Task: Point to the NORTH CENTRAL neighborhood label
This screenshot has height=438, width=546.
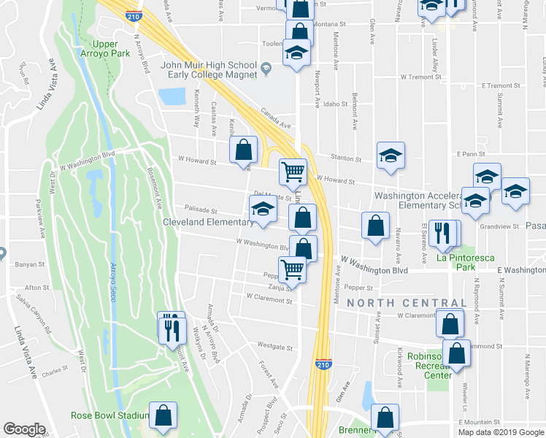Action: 407,302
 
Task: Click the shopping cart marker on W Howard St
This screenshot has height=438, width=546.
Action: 293,172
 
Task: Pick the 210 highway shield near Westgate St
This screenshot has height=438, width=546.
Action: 323,363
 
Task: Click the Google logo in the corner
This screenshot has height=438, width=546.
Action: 24,429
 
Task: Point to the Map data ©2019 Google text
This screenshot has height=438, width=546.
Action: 501,432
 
